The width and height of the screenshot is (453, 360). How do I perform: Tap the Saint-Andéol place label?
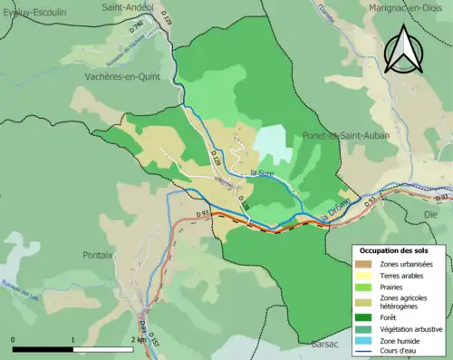tap(126, 7)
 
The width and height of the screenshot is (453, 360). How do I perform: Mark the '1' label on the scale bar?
tap(72, 340)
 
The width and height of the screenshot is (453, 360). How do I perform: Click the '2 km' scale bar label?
tap(135, 340)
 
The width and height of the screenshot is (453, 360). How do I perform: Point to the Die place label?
tap(430, 215)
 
